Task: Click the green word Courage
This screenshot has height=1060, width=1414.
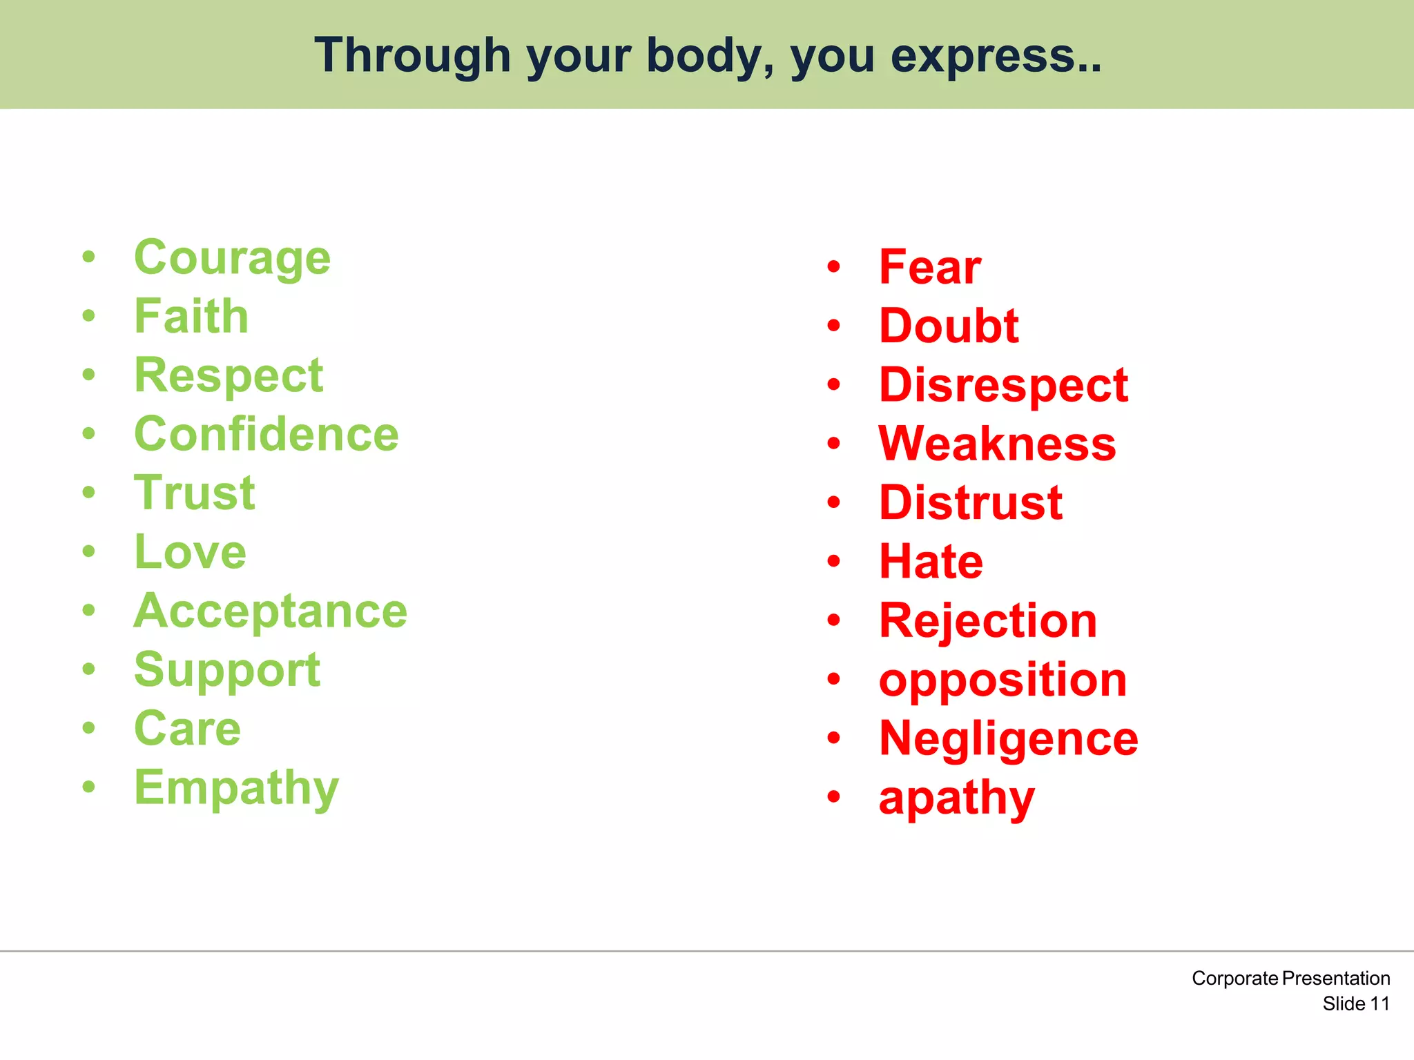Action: coord(232,258)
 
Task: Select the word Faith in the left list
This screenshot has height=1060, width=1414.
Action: coord(191,317)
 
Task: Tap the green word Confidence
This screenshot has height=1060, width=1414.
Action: coord(267,434)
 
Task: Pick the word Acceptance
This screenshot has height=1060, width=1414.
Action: coord(271,611)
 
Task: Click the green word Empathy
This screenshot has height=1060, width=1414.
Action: coord(236,787)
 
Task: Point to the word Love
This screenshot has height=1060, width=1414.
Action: coord(190,552)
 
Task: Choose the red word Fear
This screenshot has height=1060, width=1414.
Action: coord(929,267)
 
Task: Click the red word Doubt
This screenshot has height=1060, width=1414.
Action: coord(949,326)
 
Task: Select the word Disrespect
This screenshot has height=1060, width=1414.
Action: coord(1003,385)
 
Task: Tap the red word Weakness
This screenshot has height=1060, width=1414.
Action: coord(997,444)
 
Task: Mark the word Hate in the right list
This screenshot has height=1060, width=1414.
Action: coord(931,562)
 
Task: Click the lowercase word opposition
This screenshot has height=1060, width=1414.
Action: coord(1003,680)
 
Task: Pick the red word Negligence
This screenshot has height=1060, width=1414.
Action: coord(1008,739)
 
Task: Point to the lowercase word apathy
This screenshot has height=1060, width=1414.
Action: coord(956,798)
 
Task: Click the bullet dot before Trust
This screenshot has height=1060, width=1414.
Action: coord(88,493)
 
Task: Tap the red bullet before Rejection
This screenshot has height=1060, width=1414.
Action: coord(834,620)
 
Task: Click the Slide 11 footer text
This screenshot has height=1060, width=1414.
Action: coord(1355,1003)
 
